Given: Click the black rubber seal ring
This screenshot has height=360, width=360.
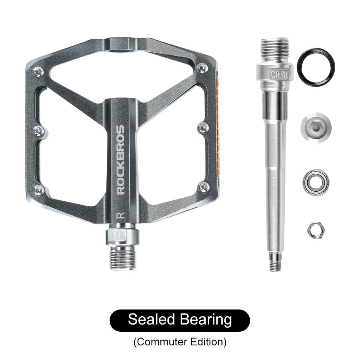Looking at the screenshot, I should coord(313,65).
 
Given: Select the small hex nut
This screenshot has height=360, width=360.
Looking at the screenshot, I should coord(313,229).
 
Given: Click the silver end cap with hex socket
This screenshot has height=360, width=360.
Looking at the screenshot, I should coord(313,129).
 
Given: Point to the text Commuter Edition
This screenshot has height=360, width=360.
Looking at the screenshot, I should coord(180,342).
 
